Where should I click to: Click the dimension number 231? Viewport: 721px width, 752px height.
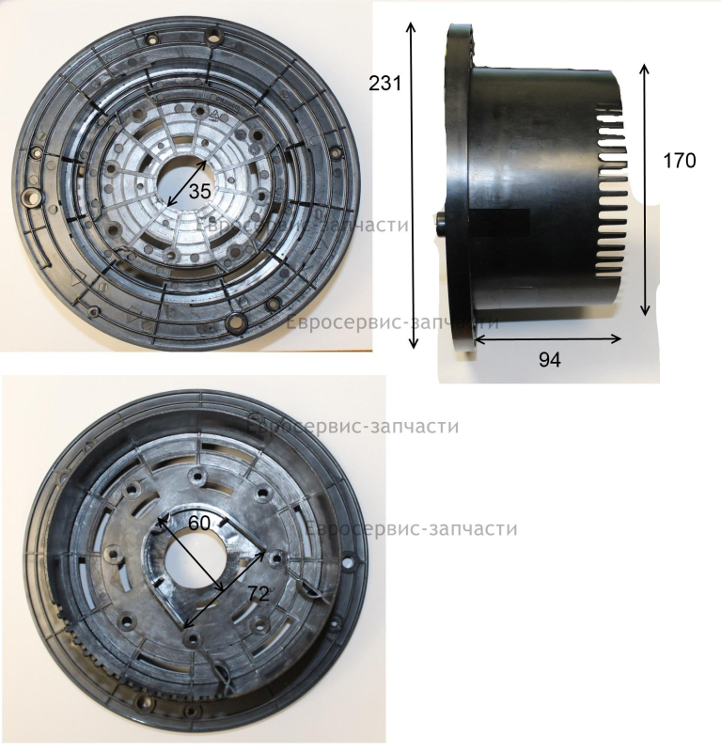point(384,84)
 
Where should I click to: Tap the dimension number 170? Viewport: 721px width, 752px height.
point(680,161)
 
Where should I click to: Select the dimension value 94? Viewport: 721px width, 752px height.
point(549,359)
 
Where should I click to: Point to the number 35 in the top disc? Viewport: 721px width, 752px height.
point(199,192)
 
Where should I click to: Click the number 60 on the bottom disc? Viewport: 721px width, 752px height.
point(199,523)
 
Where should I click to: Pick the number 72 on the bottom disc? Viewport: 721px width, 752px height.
point(259,594)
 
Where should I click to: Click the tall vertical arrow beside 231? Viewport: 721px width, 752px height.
point(412,185)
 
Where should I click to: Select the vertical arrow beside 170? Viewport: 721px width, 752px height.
point(645,190)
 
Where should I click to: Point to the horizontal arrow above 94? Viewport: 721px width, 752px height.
point(548,339)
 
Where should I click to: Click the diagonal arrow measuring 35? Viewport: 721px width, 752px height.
point(187,183)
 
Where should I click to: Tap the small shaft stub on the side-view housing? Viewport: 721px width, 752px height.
point(441,222)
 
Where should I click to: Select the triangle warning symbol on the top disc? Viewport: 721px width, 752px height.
point(214,114)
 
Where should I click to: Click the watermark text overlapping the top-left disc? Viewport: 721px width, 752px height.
point(304,225)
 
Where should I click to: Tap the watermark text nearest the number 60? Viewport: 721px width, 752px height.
point(411,528)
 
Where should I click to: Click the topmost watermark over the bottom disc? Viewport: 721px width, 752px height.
point(353,426)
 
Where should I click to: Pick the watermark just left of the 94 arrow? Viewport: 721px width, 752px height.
point(392,321)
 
